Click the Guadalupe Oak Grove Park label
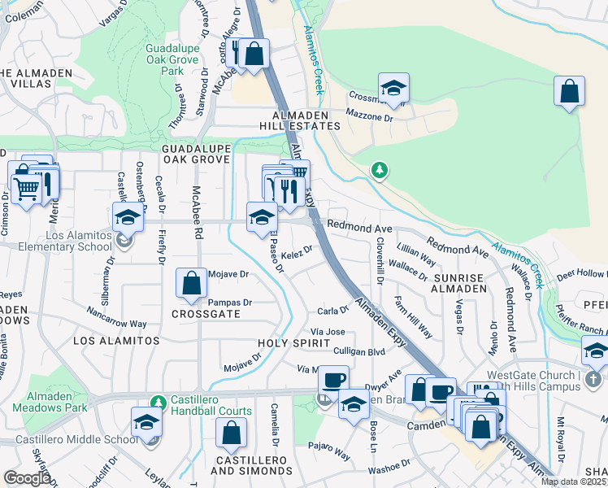coord(172,59)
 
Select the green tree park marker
coord(378,170)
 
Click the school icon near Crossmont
coord(393,89)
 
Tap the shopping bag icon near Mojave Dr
coord(191,284)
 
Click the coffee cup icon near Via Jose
coord(332,379)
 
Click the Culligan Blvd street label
coord(358,351)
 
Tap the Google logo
coord(27,477)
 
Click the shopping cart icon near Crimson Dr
coord(26,188)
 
